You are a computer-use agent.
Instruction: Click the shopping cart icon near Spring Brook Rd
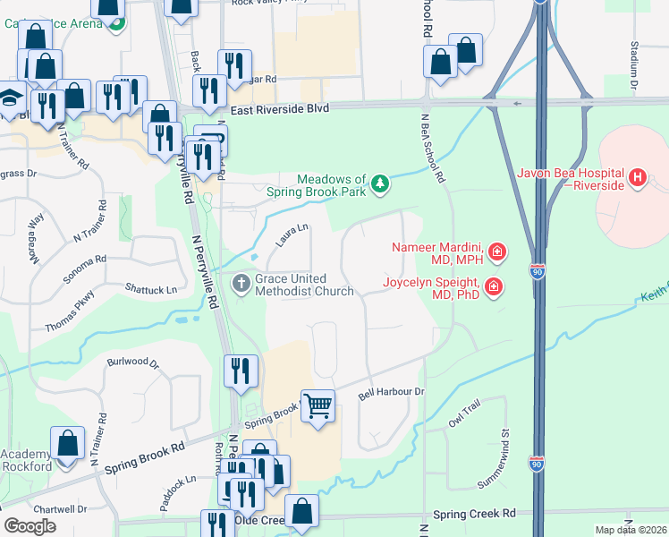(x=318, y=407)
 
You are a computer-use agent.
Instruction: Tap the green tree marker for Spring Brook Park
(x=381, y=183)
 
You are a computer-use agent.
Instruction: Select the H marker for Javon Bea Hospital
(x=637, y=178)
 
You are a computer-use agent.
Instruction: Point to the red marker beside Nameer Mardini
(x=496, y=252)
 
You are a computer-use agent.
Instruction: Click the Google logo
(x=30, y=526)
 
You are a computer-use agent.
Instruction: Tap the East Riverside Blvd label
(x=279, y=108)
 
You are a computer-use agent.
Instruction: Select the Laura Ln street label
(x=292, y=237)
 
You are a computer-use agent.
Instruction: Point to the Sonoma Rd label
(x=84, y=266)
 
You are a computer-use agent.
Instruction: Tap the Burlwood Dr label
(x=132, y=364)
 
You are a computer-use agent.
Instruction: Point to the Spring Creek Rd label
(x=474, y=514)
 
